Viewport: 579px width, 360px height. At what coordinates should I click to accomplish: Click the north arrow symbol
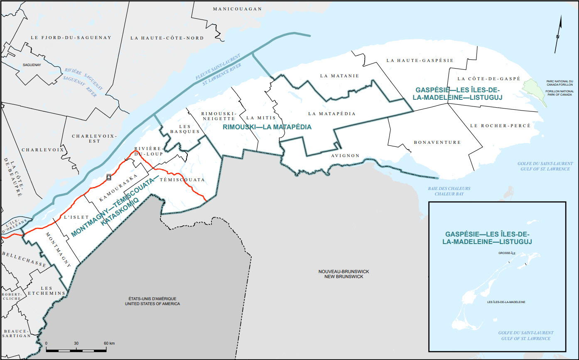pyautogui.click(x=559, y=33)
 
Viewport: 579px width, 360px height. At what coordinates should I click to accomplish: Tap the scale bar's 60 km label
pyautogui.click(x=109, y=343)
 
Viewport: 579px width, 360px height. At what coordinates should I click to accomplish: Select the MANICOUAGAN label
pyautogui.click(x=237, y=9)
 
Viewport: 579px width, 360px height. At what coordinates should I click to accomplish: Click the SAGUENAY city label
pyautogui.click(x=32, y=65)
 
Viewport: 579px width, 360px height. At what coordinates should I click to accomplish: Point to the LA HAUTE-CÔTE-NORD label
pyautogui.click(x=167, y=38)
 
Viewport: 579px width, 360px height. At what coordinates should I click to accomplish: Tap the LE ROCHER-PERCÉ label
pyautogui.click(x=500, y=126)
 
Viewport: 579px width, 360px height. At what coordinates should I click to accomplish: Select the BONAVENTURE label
pyautogui.click(x=437, y=142)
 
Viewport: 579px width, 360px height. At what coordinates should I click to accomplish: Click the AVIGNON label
pyautogui.click(x=345, y=156)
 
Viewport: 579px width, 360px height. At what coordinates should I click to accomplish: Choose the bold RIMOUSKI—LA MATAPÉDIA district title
pyautogui.click(x=267, y=127)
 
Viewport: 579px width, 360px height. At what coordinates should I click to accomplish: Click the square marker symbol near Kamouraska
pyautogui.click(x=108, y=177)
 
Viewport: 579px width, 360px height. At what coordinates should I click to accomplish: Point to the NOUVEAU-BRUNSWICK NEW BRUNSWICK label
pyautogui.click(x=343, y=274)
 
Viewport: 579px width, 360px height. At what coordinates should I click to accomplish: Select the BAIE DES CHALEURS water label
pyautogui.click(x=449, y=191)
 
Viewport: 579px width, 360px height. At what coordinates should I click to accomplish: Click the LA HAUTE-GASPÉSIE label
pyautogui.click(x=420, y=60)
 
